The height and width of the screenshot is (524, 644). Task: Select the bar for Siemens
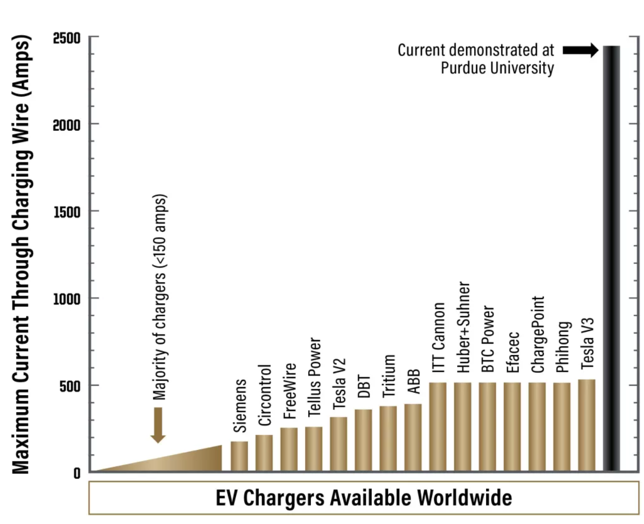click(x=239, y=456)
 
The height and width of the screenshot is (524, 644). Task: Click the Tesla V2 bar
click(x=338, y=443)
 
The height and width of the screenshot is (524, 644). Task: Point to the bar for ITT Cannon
click(x=438, y=426)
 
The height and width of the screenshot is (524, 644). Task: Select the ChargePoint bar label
click(x=537, y=334)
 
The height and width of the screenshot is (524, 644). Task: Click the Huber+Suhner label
click(x=464, y=327)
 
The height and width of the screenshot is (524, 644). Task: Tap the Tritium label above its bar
click(x=389, y=376)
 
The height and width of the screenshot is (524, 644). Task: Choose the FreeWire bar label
click(x=290, y=391)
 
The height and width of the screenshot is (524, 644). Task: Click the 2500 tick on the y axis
click(x=67, y=38)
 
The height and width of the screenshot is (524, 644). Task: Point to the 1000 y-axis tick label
click(x=67, y=299)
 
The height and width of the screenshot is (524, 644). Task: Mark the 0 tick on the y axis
click(x=77, y=473)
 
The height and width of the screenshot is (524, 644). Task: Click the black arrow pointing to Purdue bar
click(x=580, y=50)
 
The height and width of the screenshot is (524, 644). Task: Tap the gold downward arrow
click(x=158, y=425)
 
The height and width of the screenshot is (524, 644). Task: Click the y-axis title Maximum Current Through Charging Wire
click(x=21, y=254)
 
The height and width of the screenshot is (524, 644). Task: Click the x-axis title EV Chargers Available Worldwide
click(x=364, y=498)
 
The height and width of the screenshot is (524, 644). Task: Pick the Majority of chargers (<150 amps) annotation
click(x=159, y=297)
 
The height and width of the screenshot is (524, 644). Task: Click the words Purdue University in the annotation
click(x=497, y=68)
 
